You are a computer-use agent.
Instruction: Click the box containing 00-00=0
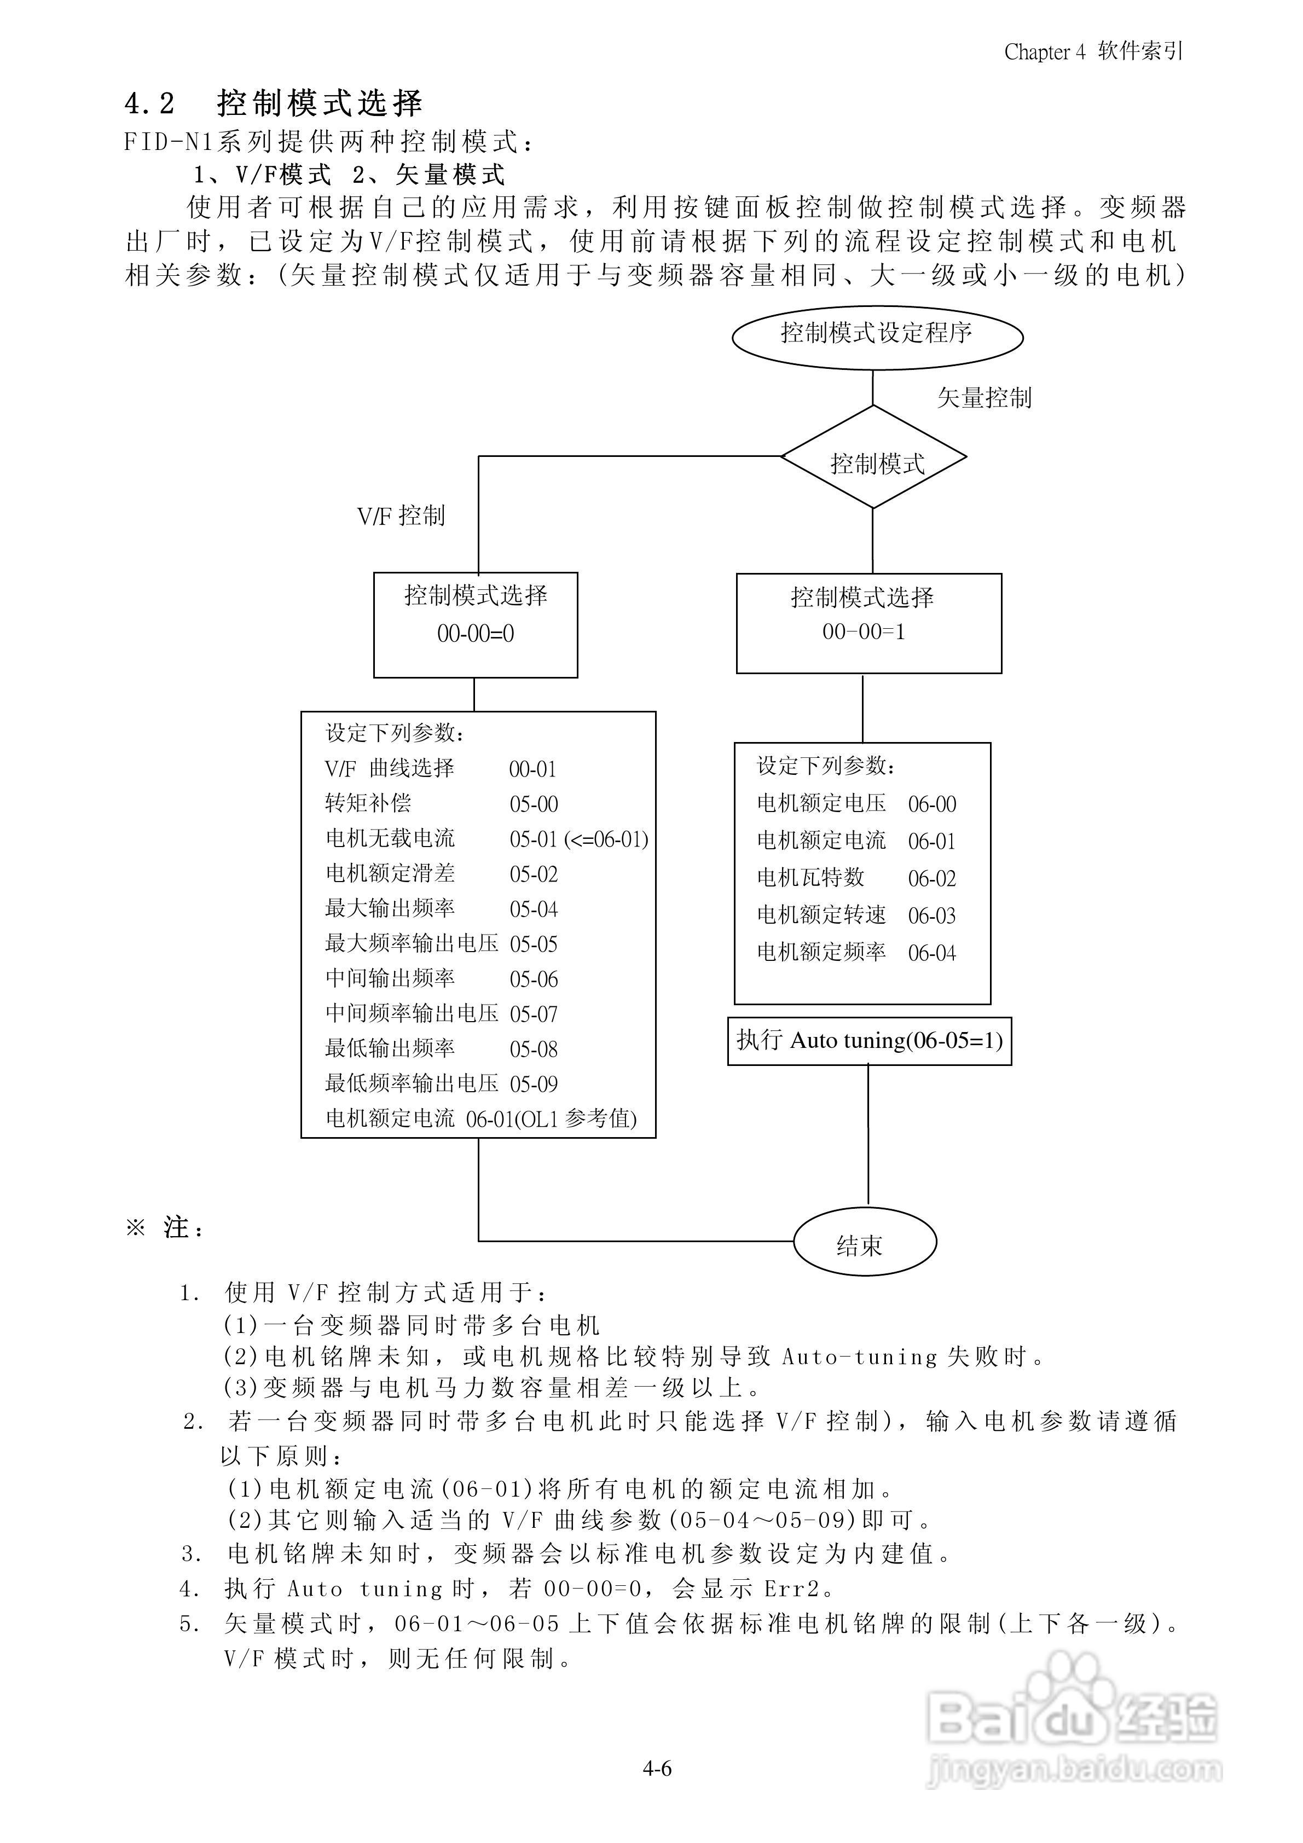pos(475,624)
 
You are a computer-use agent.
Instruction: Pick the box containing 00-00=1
pos(868,623)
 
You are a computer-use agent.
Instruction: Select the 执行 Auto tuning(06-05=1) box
pos(870,1041)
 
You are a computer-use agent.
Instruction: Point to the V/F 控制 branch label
pos(401,516)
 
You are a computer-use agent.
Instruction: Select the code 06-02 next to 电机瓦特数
pos(932,879)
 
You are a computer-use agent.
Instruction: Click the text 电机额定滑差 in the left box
pos(390,873)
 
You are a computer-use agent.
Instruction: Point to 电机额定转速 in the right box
pos(821,915)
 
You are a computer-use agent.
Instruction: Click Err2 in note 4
pos(792,1589)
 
